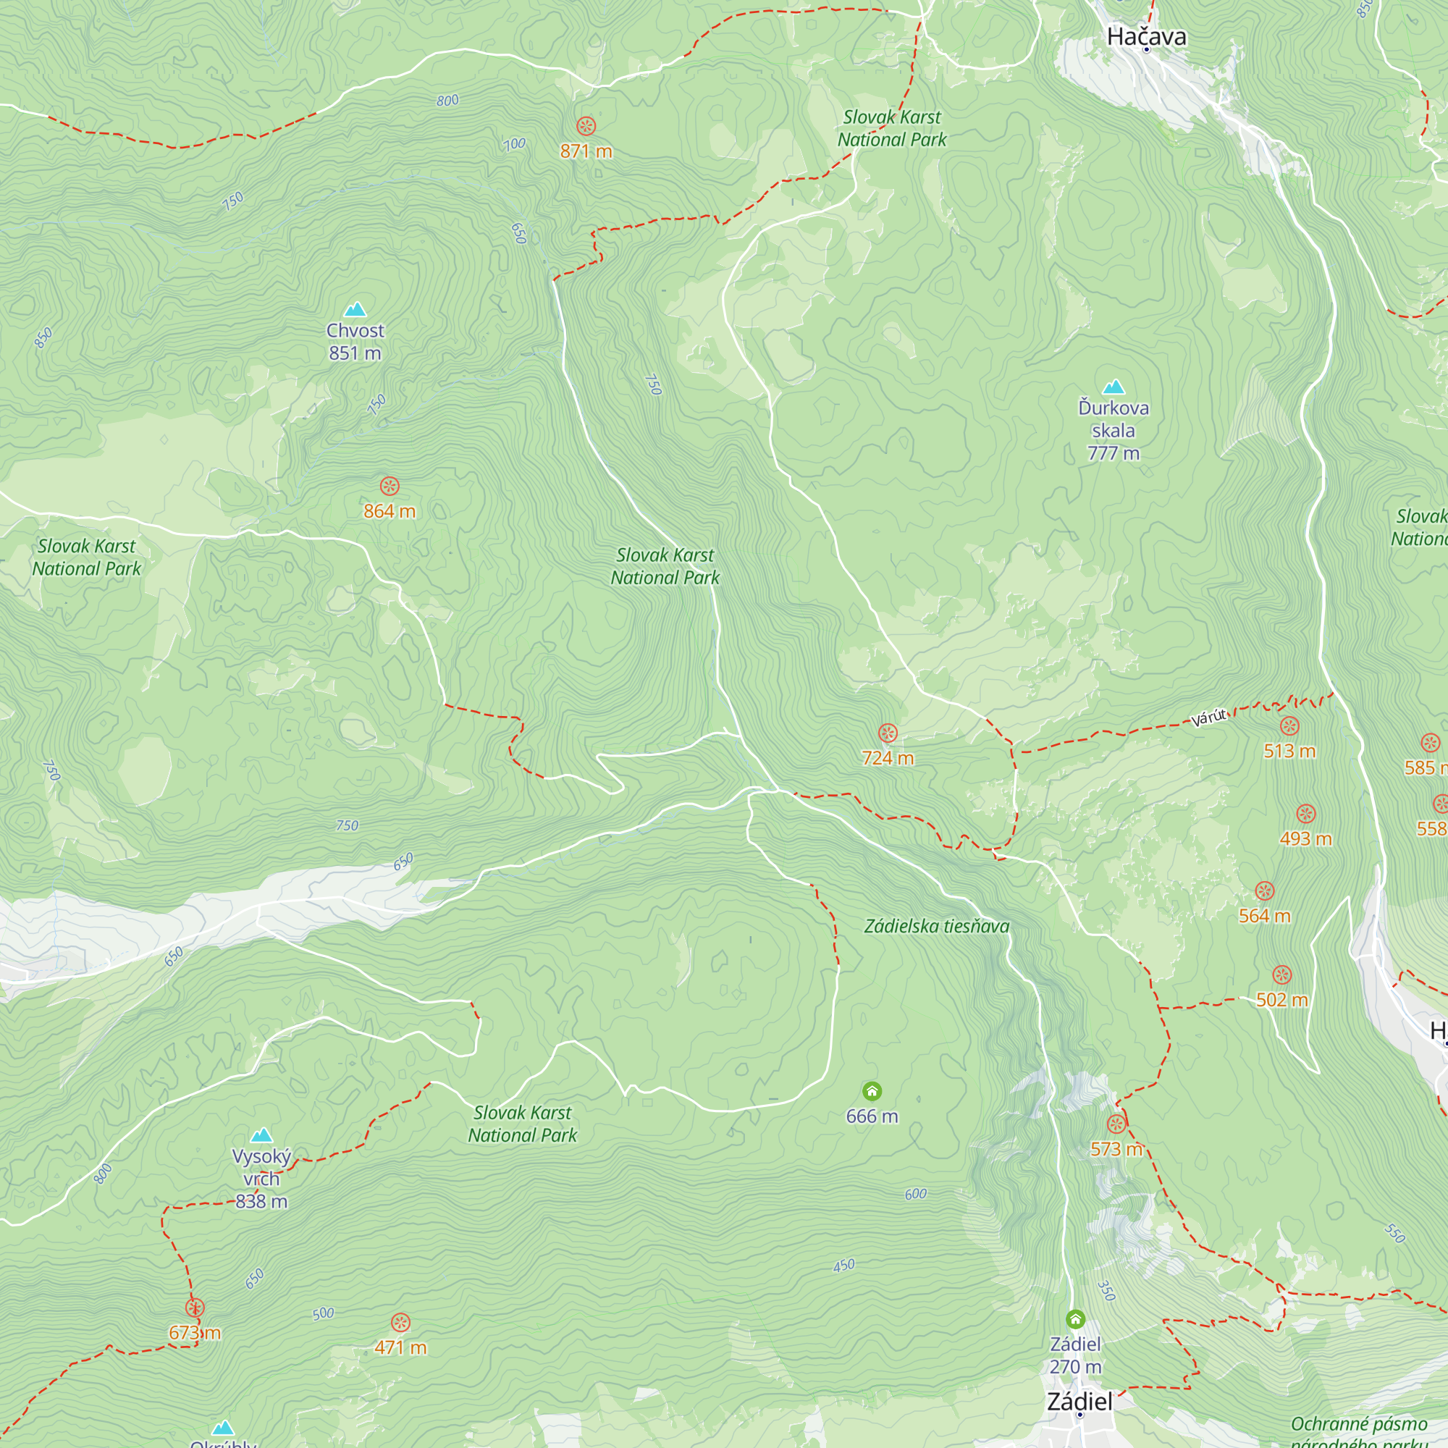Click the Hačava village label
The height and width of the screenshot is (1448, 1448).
click(x=1146, y=37)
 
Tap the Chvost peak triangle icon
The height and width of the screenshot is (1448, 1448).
click(x=355, y=310)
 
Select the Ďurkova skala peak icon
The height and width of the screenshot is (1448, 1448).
click(x=1114, y=387)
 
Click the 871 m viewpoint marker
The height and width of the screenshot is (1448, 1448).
click(x=586, y=126)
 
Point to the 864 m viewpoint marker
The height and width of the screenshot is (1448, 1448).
click(x=389, y=487)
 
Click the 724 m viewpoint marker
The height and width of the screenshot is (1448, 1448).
click(x=888, y=733)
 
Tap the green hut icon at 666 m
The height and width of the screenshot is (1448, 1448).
click(x=872, y=1091)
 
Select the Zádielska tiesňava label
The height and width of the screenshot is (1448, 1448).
click(x=936, y=927)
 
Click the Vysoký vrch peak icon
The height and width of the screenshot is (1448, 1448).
click(x=261, y=1135)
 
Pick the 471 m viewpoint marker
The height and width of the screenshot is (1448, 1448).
click(x=401, y=1323)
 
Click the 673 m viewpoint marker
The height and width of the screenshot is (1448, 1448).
click(x=195, y=1308)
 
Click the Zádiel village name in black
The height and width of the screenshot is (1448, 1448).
click(x=1079, y=1402)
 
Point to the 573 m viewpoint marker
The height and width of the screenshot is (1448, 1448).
click(x=1116, y=1124)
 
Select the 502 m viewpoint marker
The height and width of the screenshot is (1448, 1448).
click(x=1282, y=975)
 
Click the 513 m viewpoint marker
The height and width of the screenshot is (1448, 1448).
click(x=1289, y=726)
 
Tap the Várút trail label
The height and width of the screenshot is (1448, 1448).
click(x=1209, y=717)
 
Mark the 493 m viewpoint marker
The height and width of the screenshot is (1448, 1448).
click(x=1305, y=814)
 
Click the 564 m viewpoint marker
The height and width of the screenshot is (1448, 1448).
click(x=1264, y=891)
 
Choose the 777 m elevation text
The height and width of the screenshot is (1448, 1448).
click(x=1114, y=453)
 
